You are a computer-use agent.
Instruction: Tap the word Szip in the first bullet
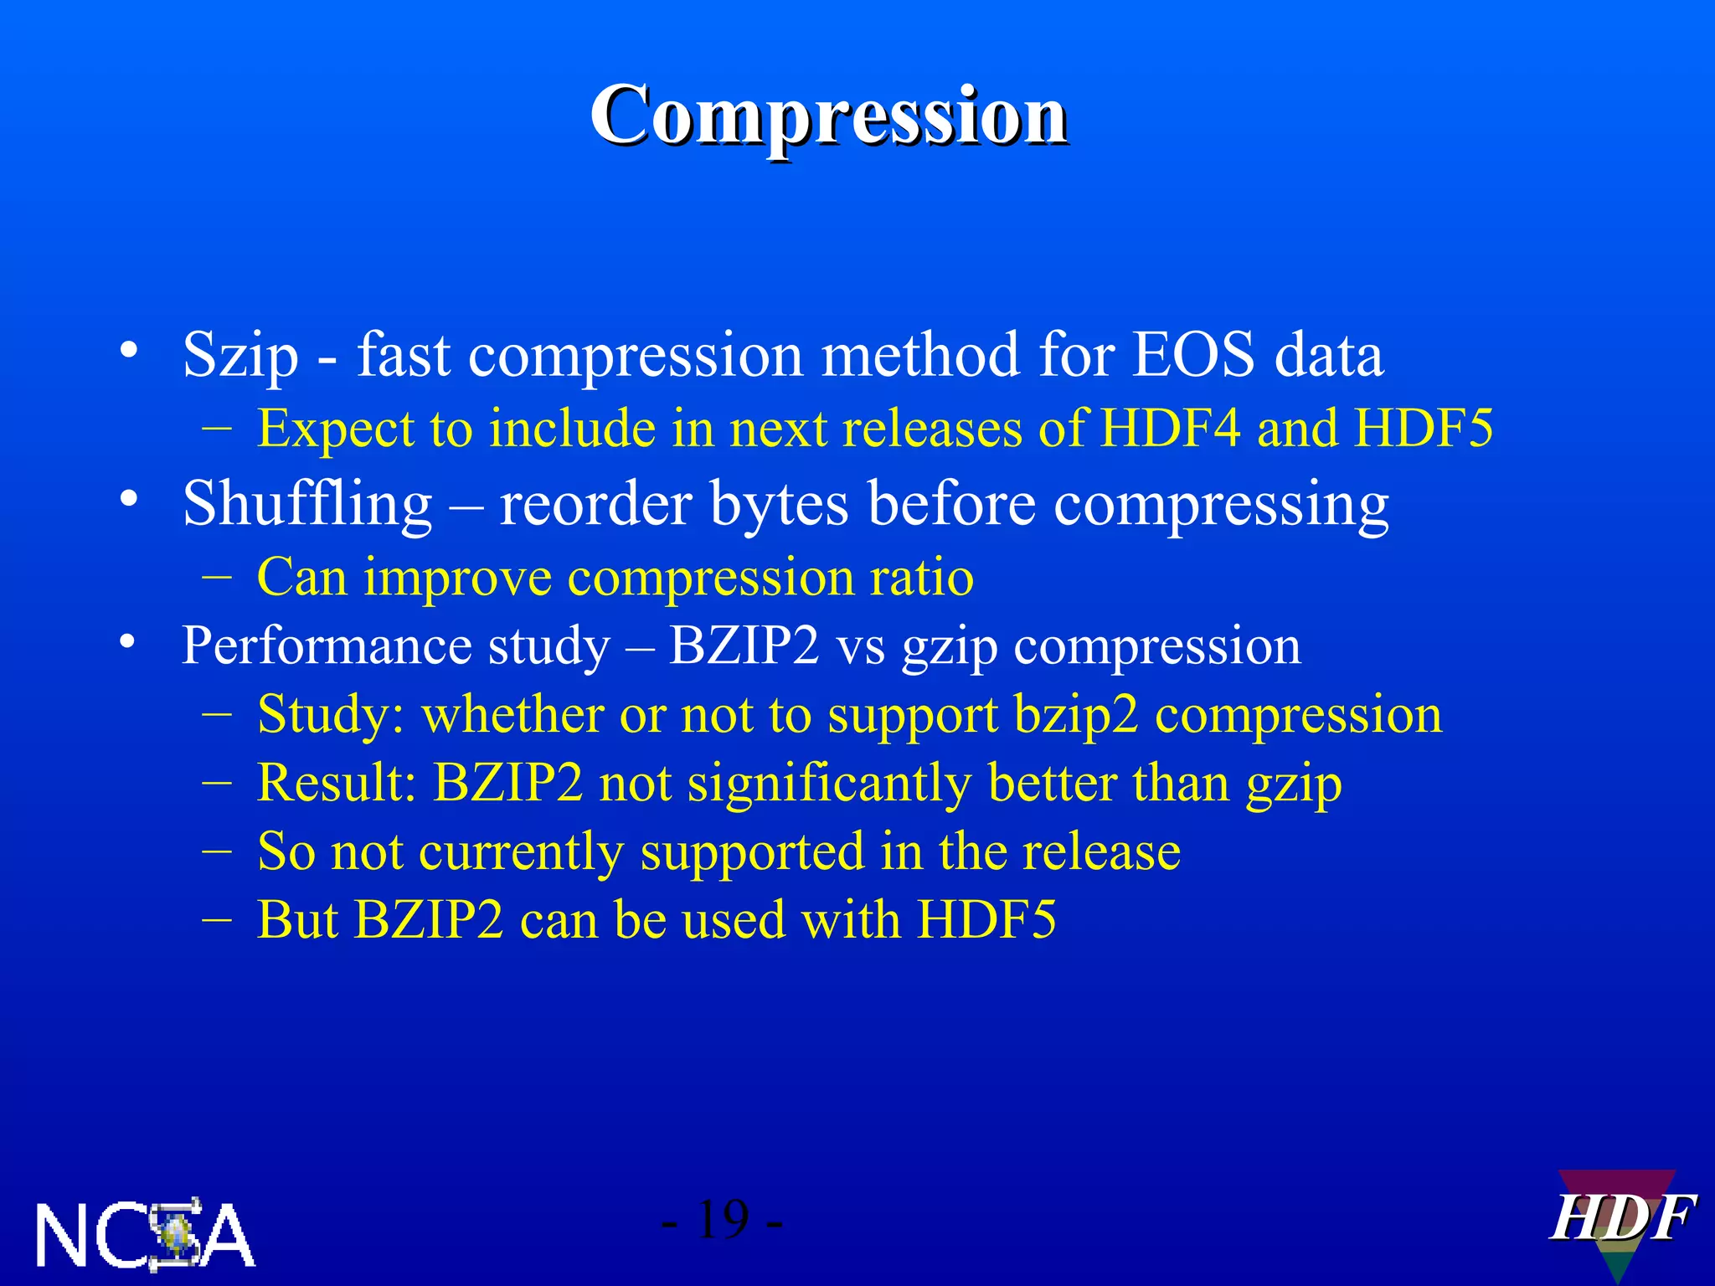point(240,356)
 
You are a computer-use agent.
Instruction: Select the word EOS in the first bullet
point(1193,354)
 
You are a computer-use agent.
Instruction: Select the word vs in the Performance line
point(860,646)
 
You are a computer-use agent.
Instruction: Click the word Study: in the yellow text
point(331,715)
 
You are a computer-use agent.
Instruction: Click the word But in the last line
point(296,920)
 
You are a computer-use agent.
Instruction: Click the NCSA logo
point(145,1234)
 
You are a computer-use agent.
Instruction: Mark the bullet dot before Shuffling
point(128,500)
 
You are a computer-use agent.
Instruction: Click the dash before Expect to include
point(217,428)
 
